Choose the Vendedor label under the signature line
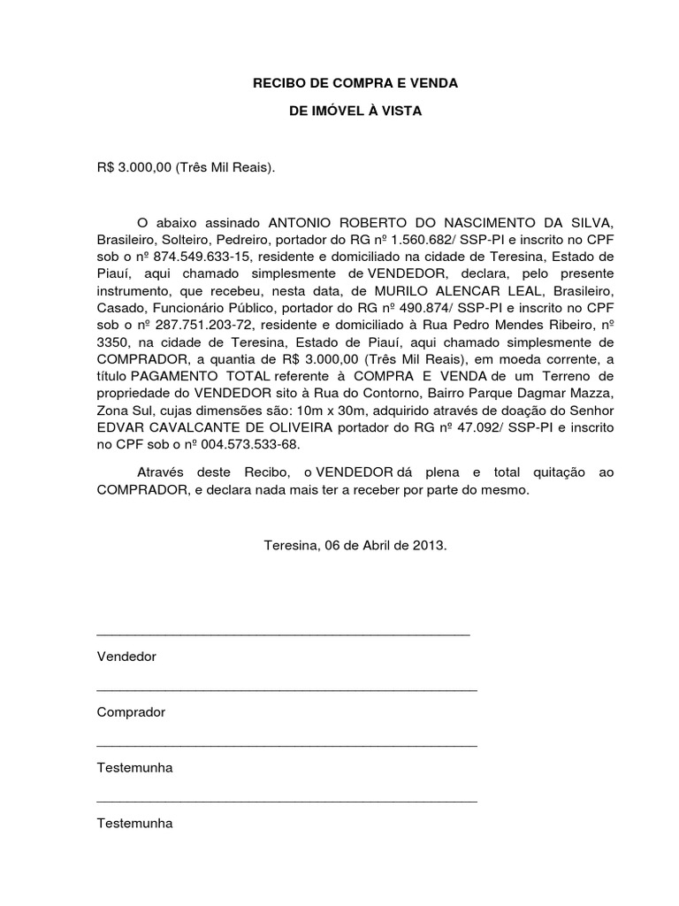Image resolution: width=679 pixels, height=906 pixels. (126, 657)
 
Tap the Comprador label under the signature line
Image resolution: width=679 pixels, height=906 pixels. (131, 712)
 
